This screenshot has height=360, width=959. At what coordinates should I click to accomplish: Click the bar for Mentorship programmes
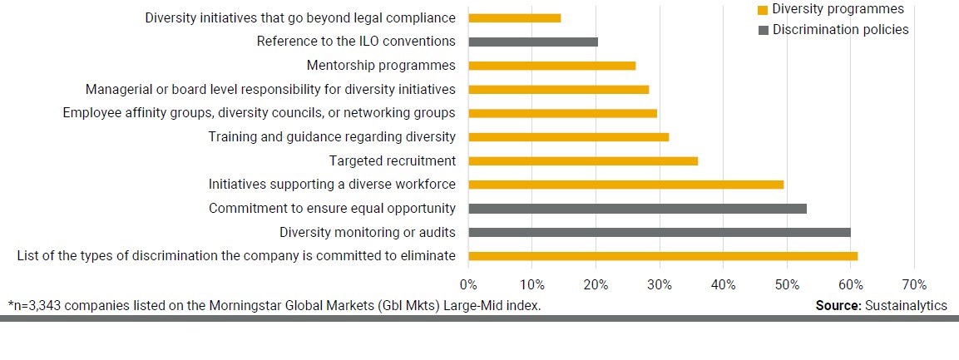click(551, 66)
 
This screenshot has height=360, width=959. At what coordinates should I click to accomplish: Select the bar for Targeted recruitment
click(582, 161)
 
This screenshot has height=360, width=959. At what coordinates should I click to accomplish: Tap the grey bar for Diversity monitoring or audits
click(659, 233)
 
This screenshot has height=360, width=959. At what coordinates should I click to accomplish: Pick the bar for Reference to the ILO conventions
click(532, 42)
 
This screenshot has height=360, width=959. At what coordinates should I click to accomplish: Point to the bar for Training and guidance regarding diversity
click(568, 137)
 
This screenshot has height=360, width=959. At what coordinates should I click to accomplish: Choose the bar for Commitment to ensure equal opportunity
click(637, 209)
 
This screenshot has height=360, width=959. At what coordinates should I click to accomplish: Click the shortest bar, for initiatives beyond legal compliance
click(514, 18)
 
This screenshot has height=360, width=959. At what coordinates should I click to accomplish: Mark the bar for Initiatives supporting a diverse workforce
click(625, 185)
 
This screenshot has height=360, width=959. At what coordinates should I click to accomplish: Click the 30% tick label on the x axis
click(660, 284)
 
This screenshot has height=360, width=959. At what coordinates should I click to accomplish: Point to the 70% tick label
click(914, 284)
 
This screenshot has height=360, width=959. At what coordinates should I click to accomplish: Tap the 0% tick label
click(468, 284)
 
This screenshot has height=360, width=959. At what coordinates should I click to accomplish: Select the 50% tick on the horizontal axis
click(787, 284)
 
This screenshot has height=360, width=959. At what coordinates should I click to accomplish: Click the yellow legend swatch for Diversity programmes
click(762, 10)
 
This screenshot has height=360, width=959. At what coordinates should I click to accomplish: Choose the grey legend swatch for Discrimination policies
click(762, 31)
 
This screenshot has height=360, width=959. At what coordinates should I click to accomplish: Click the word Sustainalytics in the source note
click(906, 306)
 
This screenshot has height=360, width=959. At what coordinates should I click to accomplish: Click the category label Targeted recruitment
click(393, 161)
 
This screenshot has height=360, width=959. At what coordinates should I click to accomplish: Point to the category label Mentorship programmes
click(381, 66)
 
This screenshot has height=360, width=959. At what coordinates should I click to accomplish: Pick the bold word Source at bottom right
click(837, 306)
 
